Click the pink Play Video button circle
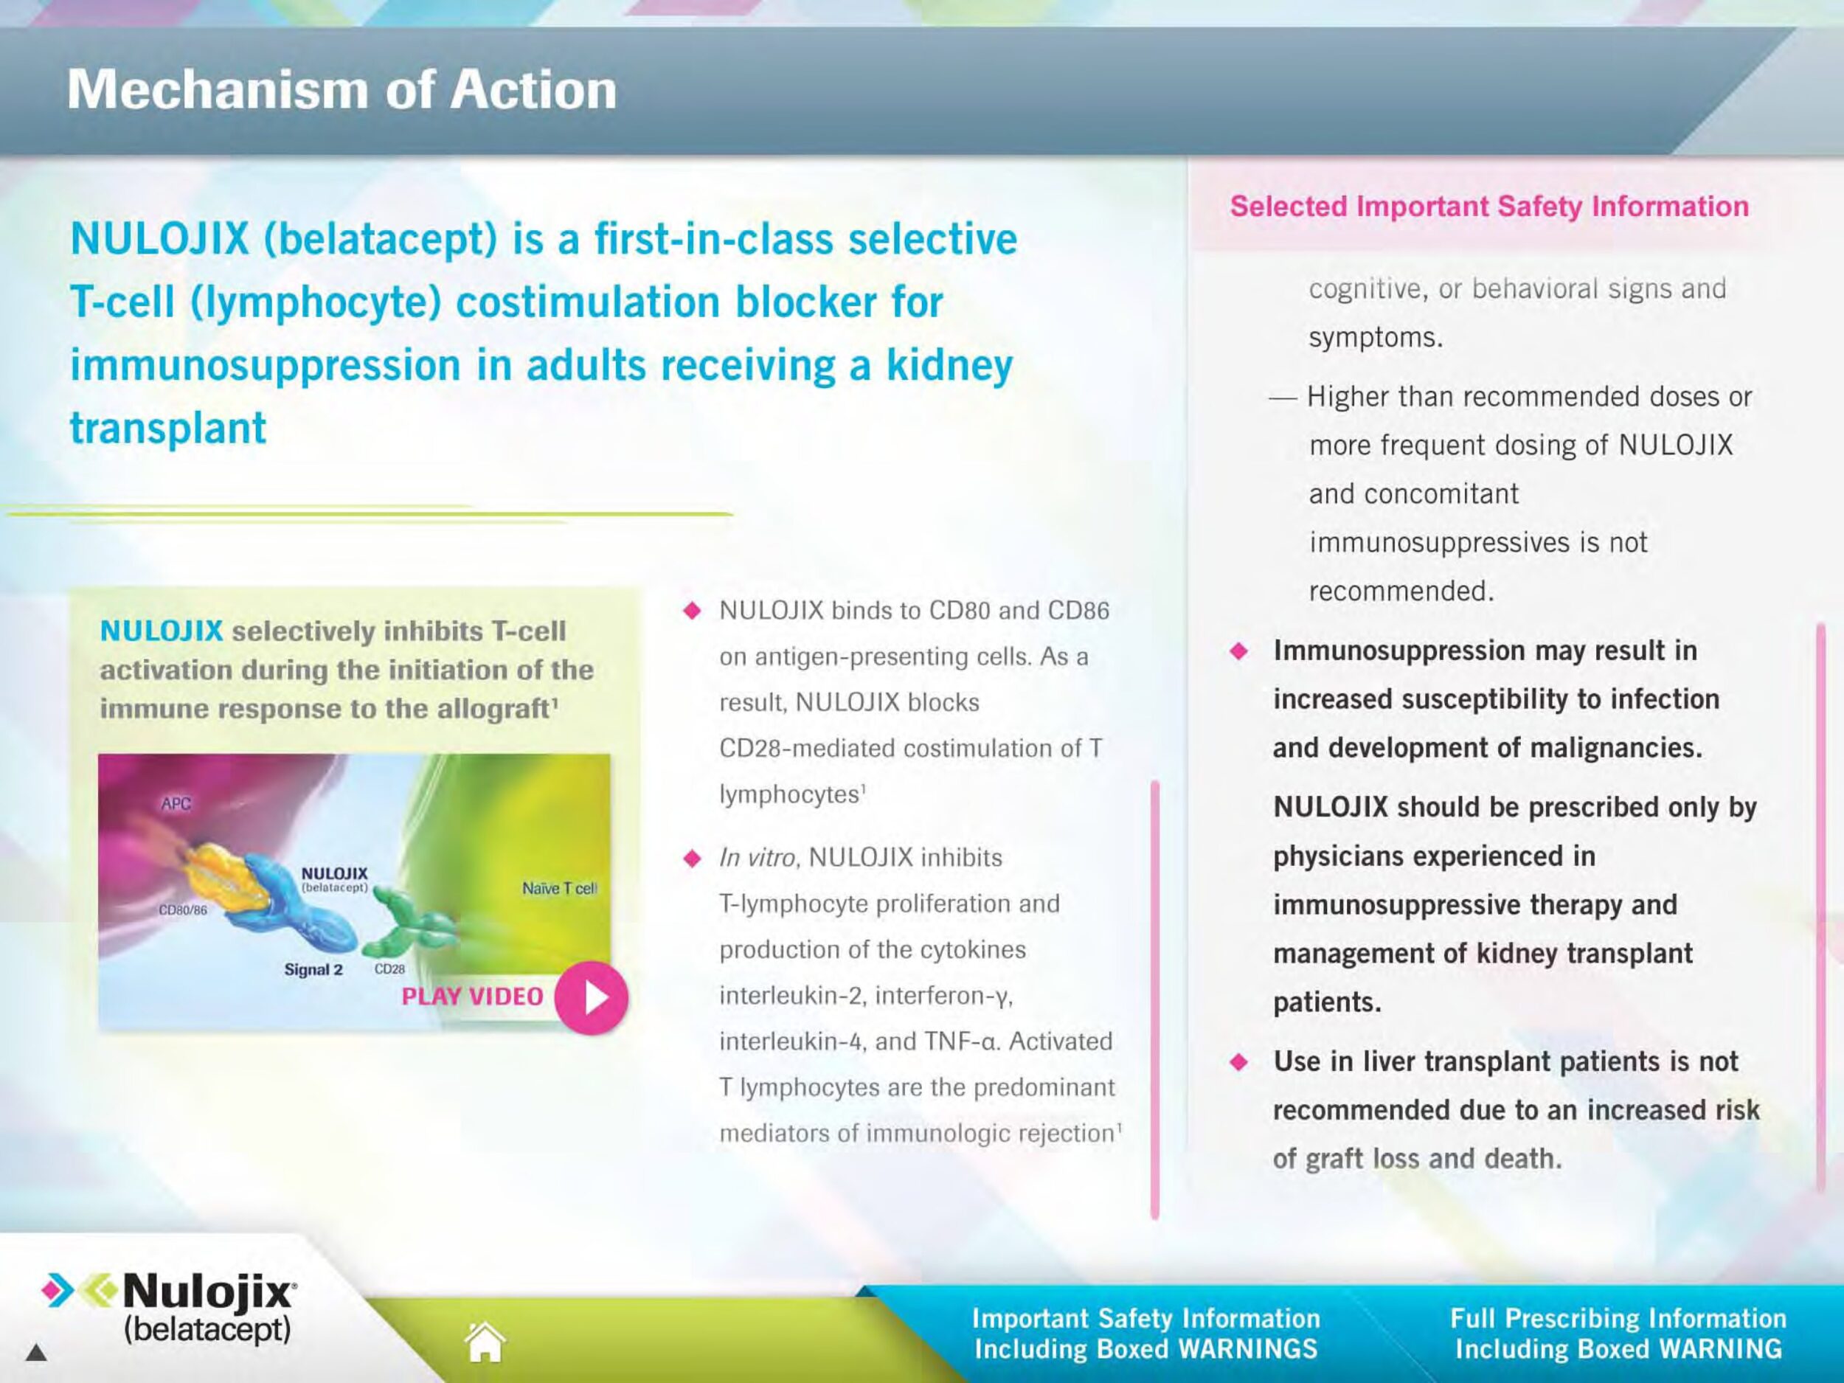591,998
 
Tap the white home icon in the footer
485,1341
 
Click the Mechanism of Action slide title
342,89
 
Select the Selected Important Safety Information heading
1489,206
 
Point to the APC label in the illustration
176,804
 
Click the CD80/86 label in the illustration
183,909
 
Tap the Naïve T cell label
559,889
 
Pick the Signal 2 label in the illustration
313,969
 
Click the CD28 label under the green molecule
389,968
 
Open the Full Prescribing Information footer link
1618,1334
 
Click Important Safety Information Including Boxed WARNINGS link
1146,1334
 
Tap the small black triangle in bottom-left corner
36,1352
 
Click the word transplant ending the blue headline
167,429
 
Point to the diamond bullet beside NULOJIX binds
692,610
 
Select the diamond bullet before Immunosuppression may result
1240,651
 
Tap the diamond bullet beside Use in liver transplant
1240,1062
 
